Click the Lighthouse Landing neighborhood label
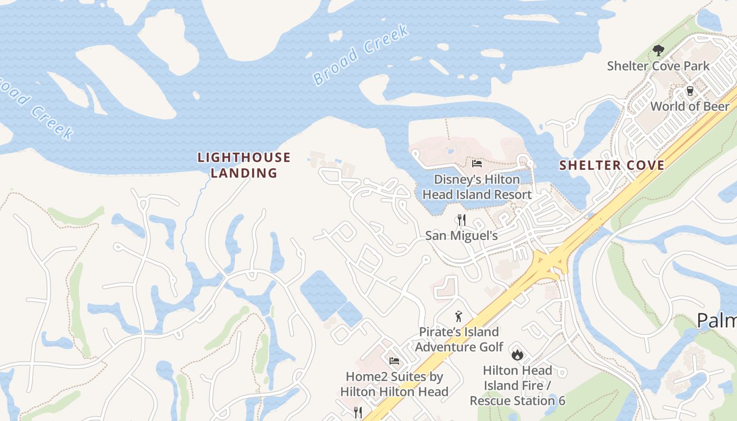pos(244,165)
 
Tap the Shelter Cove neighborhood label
pos(612,165)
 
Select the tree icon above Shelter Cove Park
pos(658,51)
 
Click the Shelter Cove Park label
pos(658,66)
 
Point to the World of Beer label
pos(690,106)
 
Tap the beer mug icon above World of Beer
pos(690,91)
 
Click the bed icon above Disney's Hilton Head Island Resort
pos(477,164)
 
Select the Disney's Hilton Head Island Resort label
pos(477,187)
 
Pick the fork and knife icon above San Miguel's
pos(462,219)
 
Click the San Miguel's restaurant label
pos(462,235)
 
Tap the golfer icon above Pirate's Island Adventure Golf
pos(459,316)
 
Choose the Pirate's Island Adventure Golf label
pos(459,339)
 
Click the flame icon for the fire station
pos(517,355)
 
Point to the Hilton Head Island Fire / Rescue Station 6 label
pos(517,385)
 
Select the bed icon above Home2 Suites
pos(394,361)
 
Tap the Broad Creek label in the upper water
pos(361,55)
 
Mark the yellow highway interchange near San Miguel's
pos(549,262)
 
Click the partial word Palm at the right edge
pos(717,320)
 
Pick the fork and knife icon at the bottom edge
pos(358,413)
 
